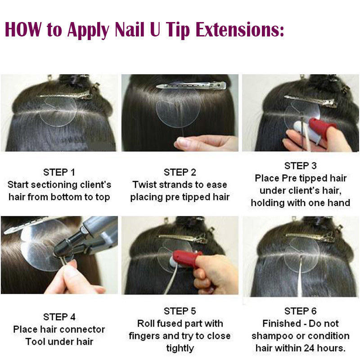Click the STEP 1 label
click(59, 172)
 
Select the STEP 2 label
click(180, 172)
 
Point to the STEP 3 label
click(301, 166)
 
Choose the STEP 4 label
click(59, 317)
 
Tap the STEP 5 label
click(180, 311)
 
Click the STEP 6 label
click(301, 311)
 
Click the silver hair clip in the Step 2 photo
click(191, 86)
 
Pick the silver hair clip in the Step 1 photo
click(65, 95)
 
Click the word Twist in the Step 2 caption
click(144, 185)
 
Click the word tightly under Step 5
click(180, 348)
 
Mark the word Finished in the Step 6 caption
click(282, 324)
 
